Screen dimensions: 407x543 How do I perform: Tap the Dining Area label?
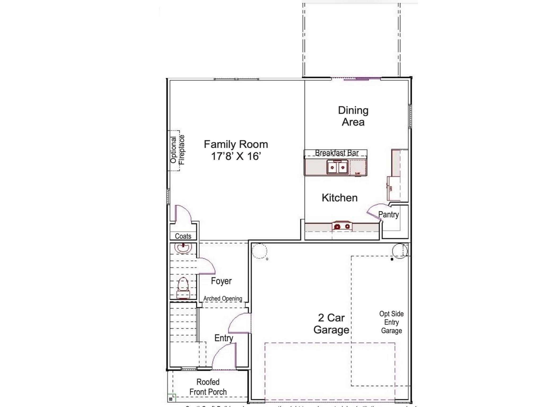pos(353,116)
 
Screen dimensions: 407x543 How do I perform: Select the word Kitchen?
pos(340,198)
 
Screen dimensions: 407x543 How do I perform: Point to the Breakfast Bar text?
pos(337,153)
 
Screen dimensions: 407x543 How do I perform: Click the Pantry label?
pos(388,214)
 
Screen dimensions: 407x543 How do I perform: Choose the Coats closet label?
pos(183,236)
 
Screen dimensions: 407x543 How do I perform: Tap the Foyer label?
pos(221,281)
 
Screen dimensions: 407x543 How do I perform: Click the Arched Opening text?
pos(223,299)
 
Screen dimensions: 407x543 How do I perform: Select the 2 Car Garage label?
pos(331,324)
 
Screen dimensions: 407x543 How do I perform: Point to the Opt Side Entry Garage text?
pos(391,322)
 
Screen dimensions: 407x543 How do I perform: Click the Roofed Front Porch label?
pos(208,387)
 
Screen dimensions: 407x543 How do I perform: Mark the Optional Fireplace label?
pos(177,150)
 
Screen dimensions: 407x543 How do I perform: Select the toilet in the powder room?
pos(183,286)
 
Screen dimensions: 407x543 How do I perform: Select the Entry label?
pos(224,338)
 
